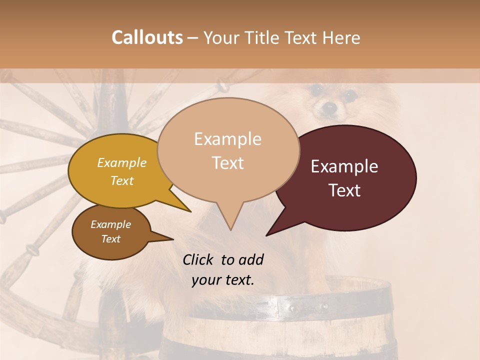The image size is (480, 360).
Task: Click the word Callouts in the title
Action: click(147, 37)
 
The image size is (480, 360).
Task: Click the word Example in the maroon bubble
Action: click(344, 166)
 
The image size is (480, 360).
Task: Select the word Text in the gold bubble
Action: click(122, 180)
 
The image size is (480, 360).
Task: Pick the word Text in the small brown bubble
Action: click(111, 239)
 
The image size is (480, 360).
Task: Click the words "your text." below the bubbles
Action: click(223, 280)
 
